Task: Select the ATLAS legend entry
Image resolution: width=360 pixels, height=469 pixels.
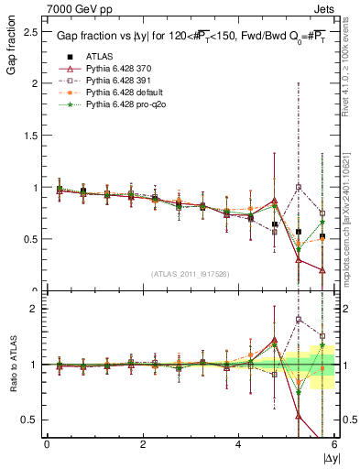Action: click(x=98, y=56)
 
